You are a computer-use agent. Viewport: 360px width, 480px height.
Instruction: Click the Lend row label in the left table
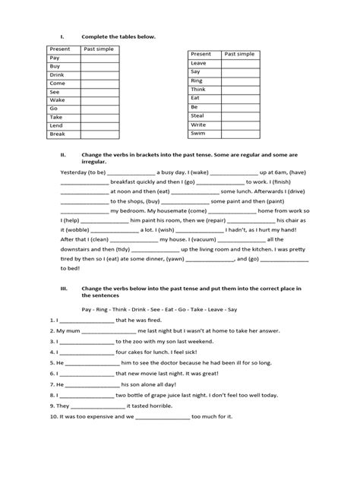pyautogui.click(x=56, y=125)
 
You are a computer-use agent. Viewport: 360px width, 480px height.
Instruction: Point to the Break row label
pyautogui.click(x=58, y=134)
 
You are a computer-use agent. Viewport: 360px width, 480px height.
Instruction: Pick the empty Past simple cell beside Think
pyautogui.click(x=239, y=88)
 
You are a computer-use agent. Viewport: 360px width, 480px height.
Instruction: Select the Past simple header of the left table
pyautogui.click(x=97, y=48)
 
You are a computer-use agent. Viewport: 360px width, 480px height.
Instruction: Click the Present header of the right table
pyautogui.click(x=201, y=54)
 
